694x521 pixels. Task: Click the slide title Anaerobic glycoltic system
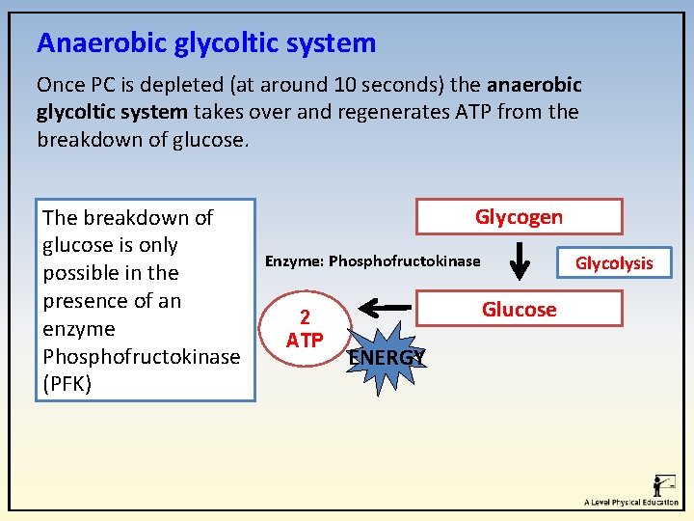[x=206, y=43]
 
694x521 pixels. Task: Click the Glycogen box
[x=519, y=217]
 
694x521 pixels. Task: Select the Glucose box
[x=519, y=310]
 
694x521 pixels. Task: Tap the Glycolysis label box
[x=614, y=262]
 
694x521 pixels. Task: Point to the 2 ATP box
[x=305, y=329]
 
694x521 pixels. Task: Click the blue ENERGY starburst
[x=386, y=358]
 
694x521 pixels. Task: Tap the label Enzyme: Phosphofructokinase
[x=372, y=261]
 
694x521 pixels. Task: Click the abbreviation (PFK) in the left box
[x=68, y=384]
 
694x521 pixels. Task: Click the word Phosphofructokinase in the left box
[x=142, y=356]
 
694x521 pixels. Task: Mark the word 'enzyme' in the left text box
[x=79, y=328]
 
